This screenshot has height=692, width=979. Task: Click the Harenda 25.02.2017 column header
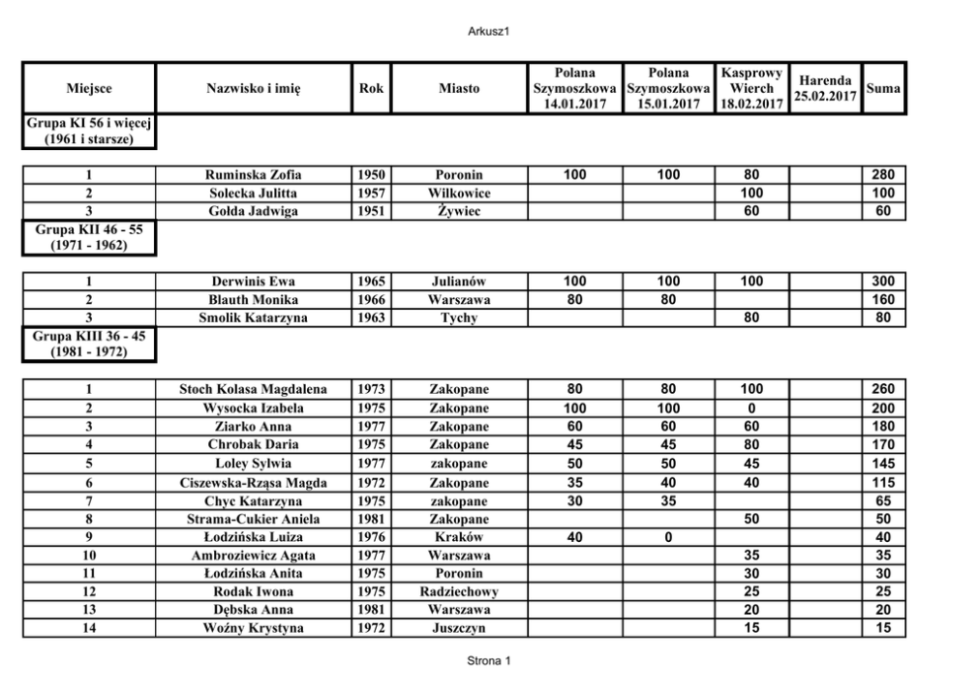(827, 88)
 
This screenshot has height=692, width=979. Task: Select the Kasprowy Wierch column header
(752, 88)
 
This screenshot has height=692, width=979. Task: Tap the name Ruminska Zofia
(254, 175)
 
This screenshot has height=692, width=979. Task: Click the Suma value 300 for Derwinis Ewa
(883, 281)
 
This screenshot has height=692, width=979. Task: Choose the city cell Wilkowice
(459, 192)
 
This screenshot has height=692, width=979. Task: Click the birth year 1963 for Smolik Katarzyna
(371, 318)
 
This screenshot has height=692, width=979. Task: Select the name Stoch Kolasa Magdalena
(254, 389)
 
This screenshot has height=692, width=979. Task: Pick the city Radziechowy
(459, 591)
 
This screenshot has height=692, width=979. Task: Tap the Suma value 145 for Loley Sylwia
(883, 463)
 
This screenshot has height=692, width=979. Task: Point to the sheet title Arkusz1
(489, 32)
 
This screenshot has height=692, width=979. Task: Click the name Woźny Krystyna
(254, 628)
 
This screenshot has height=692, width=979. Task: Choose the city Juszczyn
(459, 628)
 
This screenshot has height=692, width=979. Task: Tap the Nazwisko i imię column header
(254, 88)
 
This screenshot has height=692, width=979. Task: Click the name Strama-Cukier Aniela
(254, 518)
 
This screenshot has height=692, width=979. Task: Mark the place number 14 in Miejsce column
(89, 628)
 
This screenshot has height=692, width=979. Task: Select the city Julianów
(459, 281)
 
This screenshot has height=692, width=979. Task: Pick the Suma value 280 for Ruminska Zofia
(883, 175)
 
